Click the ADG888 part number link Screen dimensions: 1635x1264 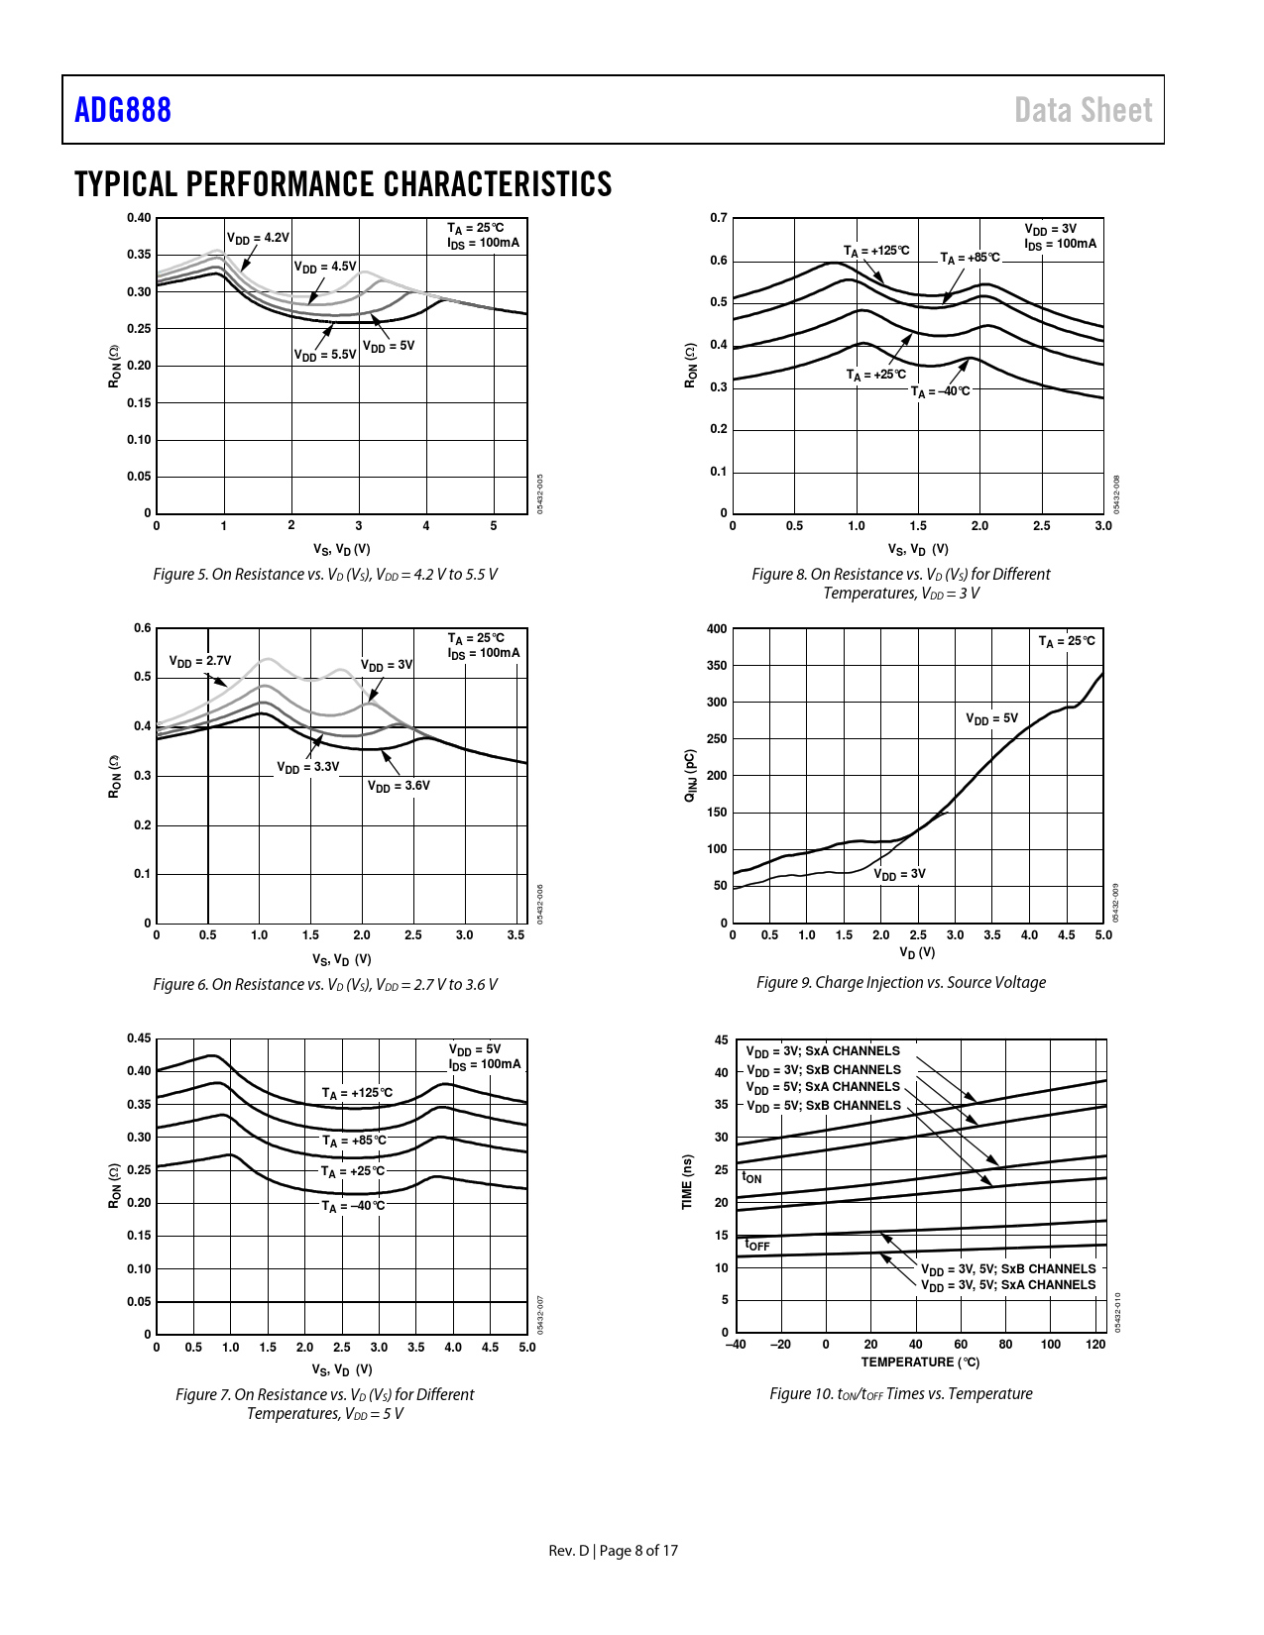(x=123, y=110)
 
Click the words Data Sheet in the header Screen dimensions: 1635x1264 (x=1083, y=110)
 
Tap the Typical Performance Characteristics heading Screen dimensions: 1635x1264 (x=343, y=184)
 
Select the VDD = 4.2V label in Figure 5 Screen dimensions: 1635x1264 (x=258, y=238)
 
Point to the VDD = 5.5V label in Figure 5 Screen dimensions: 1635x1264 (x=325, y=355)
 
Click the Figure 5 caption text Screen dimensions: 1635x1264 (x=325, y=575)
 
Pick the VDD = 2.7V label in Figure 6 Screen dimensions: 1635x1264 (x=200, y=661)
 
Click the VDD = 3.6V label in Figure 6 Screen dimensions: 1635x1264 (x=399, y=786)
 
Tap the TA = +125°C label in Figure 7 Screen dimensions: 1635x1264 (x=357, y=1093)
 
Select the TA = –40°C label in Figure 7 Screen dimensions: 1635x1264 (x=353, y=1206)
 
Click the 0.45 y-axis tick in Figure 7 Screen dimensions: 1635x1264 (x=139, y=1038)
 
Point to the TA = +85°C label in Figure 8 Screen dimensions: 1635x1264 (x=971, y=258)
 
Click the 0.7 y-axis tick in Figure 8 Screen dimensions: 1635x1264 (x=719, y=218)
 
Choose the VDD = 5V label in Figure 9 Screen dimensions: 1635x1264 (x=991, y=718)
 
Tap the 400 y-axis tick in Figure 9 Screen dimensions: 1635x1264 (x=717, y=628)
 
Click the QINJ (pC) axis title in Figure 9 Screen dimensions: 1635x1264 (x=690, y=775)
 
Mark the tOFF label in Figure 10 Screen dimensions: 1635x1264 (x=757, y=1245)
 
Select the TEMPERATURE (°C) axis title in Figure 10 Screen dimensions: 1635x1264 (x=920, y=1362)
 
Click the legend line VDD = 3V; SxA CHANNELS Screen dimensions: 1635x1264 (x=823, y=1051)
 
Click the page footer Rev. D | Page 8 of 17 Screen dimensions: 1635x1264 (x=614, y=1551)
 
